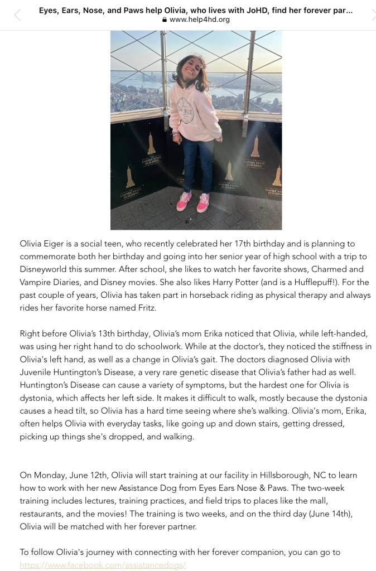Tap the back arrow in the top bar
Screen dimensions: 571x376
pos(17,15)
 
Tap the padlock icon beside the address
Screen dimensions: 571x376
pos(164,20)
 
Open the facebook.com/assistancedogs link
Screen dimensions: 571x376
pos(103,565)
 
